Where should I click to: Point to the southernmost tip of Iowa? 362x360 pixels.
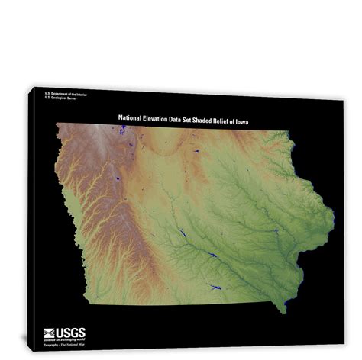(284, 312)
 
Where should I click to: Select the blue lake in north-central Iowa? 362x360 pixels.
(195, 151)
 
